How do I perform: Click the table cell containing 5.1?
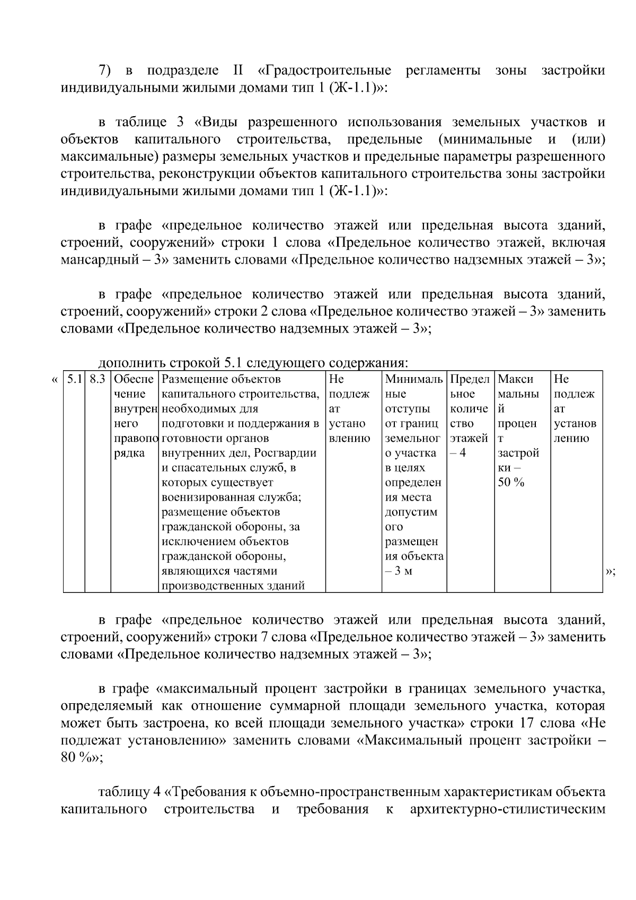coord(74,379)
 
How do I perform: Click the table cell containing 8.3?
coord(98,379)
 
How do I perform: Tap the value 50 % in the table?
coord(511,483)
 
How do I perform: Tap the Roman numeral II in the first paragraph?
coord(238,71)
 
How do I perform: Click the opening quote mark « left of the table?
coord(55,379)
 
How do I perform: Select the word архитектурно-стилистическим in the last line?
coord(508,809)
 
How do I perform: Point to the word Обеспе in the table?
coord(134,379)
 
